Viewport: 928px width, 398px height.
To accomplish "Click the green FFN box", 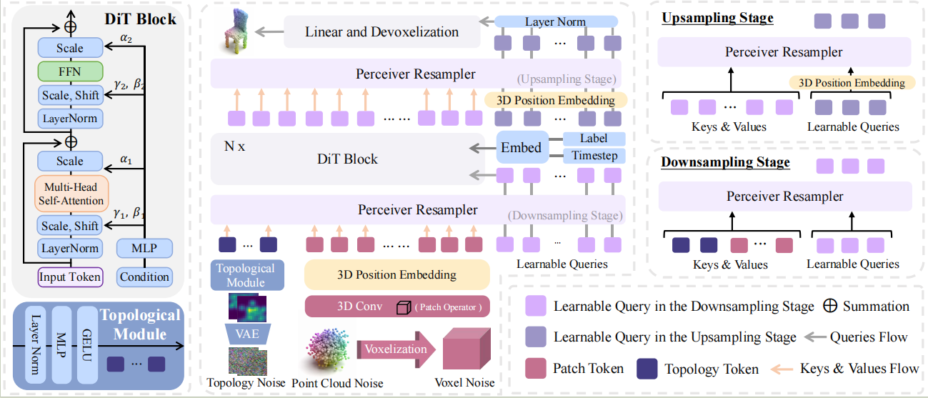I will (x=70, y=71).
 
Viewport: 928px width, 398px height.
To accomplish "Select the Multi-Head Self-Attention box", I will (x=70, y=194).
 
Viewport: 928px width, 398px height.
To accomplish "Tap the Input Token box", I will (x=70, y=277).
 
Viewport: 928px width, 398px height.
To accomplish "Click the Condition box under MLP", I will (x=144, y=277).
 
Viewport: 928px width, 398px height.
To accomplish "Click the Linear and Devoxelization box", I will (x=381, y=32).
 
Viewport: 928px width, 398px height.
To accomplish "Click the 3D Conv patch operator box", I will (x=396, y=307).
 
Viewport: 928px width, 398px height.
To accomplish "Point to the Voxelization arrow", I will (x=396, y=350).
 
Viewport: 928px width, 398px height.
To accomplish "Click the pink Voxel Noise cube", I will (x=469, y=350).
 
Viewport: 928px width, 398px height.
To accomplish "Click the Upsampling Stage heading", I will (x=717, y=18).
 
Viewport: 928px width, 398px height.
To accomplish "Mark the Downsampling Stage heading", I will (x=725, y=162).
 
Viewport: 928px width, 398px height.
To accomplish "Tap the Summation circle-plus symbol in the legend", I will (x=831, y=307).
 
